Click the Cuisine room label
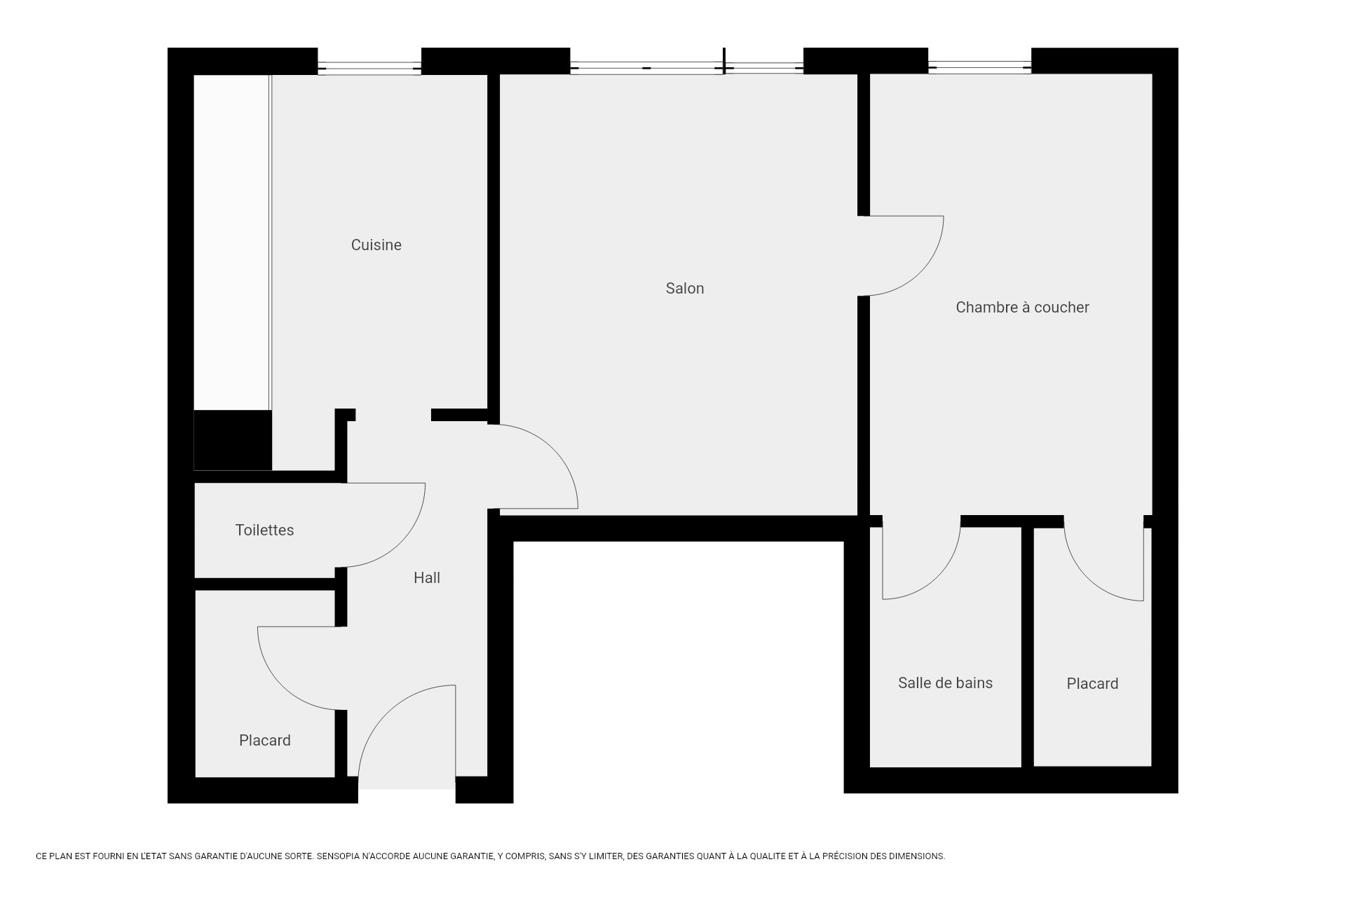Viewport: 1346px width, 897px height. click(376, 245)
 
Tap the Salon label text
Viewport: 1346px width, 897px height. click(684, 288)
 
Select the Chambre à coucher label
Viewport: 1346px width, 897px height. click(1021, 307)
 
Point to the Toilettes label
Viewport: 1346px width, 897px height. click(264, 530)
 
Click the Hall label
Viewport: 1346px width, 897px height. click(426, 577)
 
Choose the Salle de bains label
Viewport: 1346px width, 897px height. click(944, 683)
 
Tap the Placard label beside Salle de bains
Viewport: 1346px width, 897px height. click(1092, 683)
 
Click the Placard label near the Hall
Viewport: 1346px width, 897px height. click(264, 740)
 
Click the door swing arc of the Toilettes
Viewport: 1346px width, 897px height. click(402, 543)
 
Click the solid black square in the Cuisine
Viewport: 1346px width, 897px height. click(233, 440)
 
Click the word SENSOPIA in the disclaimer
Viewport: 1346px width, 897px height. click(338, 856)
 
